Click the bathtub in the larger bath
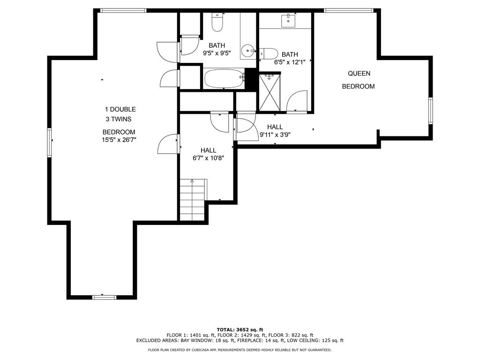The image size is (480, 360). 224,79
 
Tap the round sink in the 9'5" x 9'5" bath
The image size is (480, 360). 248,51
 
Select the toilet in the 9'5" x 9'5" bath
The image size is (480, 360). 217,22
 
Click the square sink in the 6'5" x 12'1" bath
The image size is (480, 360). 288,21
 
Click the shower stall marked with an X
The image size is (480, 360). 270,92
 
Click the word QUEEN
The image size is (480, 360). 359,74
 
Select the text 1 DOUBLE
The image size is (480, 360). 120,109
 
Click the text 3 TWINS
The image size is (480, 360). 119,119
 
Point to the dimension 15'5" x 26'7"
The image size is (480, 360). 119,140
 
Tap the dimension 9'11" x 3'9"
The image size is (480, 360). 275,135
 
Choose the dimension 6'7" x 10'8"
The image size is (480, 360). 208,158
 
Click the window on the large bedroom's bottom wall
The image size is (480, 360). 105,297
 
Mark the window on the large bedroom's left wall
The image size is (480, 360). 49,143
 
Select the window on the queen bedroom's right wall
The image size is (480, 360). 430,111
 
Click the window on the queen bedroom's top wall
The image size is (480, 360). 349,11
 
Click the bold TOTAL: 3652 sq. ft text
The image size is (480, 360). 240,330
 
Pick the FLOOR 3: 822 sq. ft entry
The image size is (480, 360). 291,335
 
